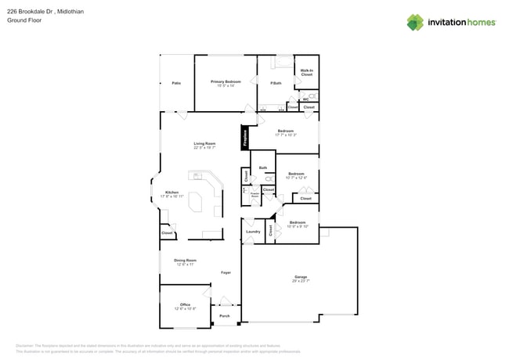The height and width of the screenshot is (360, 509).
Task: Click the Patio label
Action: tap(176, 82)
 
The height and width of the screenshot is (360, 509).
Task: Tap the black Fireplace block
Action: tap(245, 138)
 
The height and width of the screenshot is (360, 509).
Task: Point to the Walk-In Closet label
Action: tap(307, 73)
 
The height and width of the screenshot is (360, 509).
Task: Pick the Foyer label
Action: tap(226, 272)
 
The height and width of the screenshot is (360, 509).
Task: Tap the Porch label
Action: tap(225, 316)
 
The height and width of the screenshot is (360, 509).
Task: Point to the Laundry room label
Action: tap(253, 232)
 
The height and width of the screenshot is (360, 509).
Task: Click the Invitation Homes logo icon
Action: tap(415, 22)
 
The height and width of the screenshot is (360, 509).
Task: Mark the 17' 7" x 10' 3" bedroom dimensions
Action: tap(285, 135)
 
